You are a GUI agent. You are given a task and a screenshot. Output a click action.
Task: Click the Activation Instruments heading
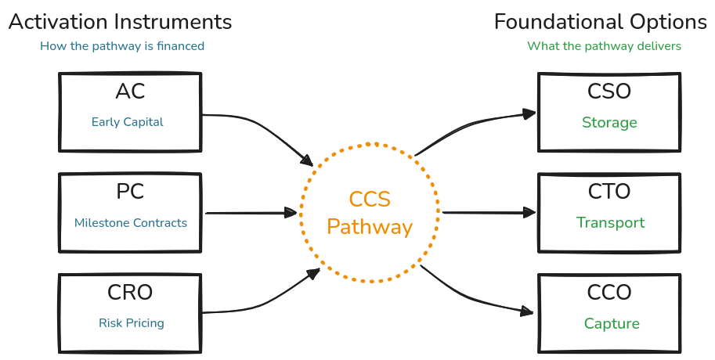120,21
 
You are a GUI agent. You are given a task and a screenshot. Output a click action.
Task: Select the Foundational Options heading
600,21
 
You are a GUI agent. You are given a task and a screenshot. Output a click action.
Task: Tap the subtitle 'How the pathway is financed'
122,46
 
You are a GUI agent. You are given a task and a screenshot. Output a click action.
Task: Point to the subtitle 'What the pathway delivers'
604,46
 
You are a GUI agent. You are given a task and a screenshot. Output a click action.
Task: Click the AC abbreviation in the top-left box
130,92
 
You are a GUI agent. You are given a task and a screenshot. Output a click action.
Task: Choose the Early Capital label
128,122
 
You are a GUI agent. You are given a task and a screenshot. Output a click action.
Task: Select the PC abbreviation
130,192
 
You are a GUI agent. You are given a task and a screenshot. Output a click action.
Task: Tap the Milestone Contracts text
131,223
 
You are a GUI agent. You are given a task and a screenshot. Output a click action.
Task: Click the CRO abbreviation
130,293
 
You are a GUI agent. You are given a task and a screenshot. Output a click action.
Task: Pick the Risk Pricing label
131,323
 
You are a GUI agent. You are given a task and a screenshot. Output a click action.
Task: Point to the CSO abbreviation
609,92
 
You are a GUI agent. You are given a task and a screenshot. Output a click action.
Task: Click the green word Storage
609,123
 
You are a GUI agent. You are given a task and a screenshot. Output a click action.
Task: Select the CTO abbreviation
609,192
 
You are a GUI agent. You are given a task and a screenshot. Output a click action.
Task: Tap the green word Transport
611,223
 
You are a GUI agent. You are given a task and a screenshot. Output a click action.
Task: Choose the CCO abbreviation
609,293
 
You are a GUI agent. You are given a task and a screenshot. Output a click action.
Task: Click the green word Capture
612,324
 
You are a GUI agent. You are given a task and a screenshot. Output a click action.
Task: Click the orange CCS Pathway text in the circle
370,214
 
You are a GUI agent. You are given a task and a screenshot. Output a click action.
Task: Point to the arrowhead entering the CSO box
531,113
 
